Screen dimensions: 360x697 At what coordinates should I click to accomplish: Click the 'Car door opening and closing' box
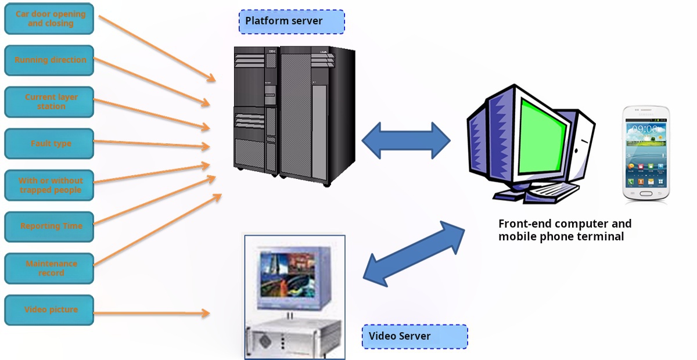click(x=49, y=19)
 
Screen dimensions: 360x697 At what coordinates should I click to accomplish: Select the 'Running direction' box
click(x=49, y=60)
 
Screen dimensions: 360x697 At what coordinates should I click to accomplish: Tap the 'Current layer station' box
click(x=49, y=102)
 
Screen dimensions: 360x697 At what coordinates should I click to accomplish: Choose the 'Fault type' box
click(x=49, y=143)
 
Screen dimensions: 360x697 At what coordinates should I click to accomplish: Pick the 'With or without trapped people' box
click(x=49, y=185)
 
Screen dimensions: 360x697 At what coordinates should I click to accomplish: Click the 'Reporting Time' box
click(x=49, y=226)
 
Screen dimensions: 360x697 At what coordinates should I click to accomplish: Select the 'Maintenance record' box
click(x=49, y=268)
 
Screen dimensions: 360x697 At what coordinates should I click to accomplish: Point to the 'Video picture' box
click(x=49, y=310)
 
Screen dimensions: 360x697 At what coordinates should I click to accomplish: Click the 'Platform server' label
click(x=292, y=21)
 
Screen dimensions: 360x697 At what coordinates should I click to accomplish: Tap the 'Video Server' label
click(x=415, y=336)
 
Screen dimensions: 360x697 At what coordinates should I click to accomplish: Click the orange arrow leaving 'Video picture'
click(x=151, y=314)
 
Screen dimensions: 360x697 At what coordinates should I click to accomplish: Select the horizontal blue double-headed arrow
click(x=406, y=141)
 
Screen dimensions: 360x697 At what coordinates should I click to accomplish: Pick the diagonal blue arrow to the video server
click(x=414, y=254)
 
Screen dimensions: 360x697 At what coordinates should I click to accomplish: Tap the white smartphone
click(x=645, y=154)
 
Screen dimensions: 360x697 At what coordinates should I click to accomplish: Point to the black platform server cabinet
click(x=294, y=116)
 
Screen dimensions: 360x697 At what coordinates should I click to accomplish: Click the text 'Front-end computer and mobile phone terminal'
click(x=565, y=230)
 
